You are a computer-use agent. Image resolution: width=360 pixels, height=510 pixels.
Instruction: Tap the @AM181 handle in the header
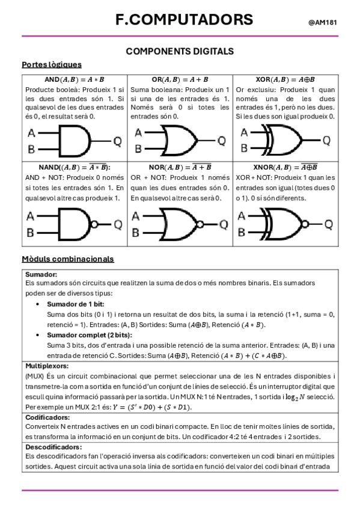click(x=322, y=22)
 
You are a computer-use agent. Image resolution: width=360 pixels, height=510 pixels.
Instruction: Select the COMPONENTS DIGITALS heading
click(x=180, y=52)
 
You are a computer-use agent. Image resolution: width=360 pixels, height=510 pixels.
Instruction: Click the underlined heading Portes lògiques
click(x=52, y=64)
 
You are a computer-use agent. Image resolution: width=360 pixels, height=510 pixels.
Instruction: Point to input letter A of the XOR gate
click(x=244, y=133)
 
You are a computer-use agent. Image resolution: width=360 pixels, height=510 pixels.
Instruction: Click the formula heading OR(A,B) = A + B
click(x=180, y=79)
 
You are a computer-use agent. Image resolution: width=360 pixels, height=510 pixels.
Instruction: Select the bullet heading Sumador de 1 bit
click(x=78, y=304)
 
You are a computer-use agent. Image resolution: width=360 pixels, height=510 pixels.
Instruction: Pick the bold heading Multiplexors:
click(x=47, y=366)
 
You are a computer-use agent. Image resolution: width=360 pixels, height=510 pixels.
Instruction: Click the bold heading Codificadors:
click(x=47, y=417)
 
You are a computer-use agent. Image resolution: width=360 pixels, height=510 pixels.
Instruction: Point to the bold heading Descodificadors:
click(x=53, y=447)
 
